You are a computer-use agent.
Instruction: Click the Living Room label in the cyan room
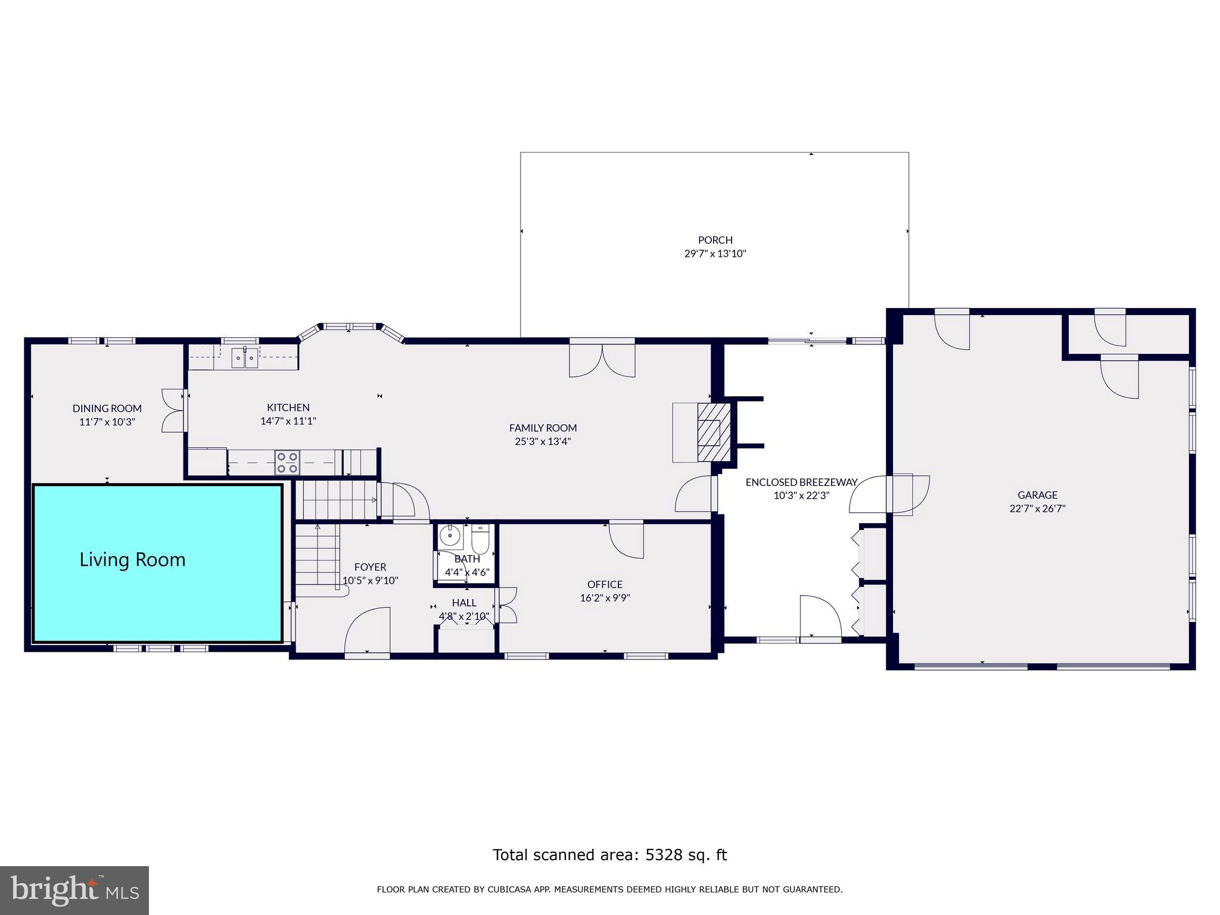tap(132, 560)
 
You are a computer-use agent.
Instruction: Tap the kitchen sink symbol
tap(244, 357)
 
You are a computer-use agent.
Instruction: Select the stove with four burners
tap(287, 463)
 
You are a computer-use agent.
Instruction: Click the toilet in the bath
tap(480, 539)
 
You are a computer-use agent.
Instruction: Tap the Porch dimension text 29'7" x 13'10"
tap(715, 254)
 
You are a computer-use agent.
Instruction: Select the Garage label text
tap(1037, 495)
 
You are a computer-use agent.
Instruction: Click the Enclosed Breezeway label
tap(801, 483)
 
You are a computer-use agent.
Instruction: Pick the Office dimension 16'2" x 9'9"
tap(605, 598)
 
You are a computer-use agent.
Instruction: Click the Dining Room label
tap(107, 409)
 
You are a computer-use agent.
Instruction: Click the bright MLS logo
tap(74, 891)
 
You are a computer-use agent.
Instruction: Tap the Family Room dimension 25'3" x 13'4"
tap(543, 442)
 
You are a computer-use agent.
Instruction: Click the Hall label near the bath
tap(464, 603)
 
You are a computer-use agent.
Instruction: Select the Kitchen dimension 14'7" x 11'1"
tap(288, 421)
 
